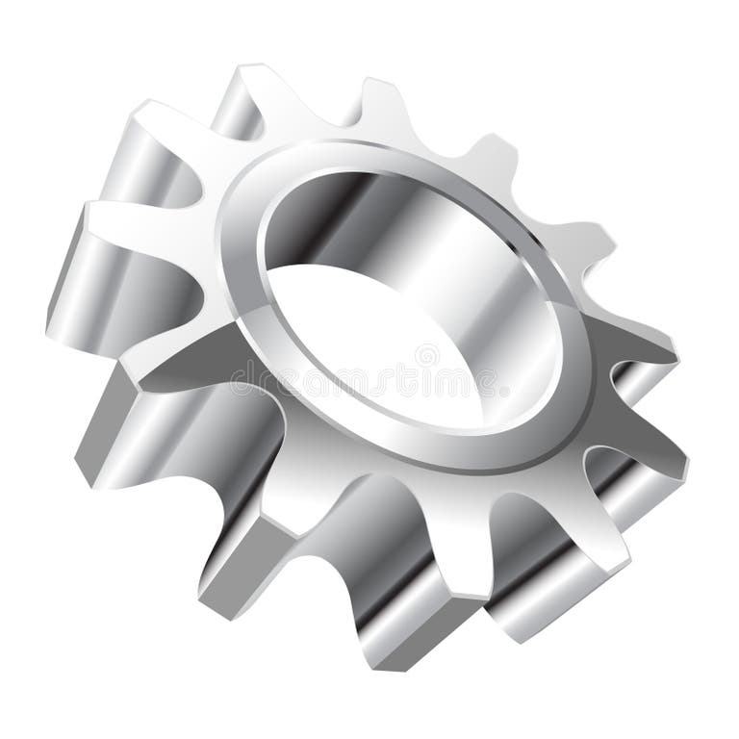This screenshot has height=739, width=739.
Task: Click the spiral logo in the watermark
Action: point(426,356)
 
